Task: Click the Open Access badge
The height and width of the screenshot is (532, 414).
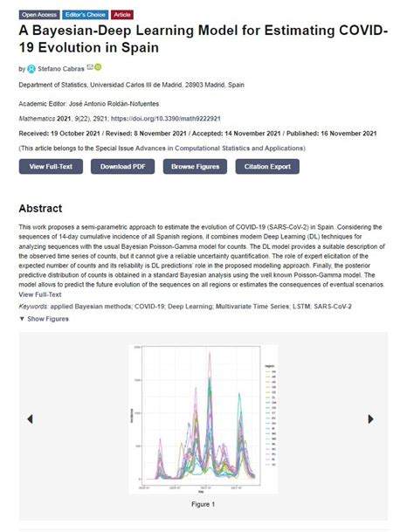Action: click(x=39, y=15)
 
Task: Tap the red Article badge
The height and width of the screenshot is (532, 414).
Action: click(x=122, y=15)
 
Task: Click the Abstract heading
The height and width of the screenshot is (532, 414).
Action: click(x=40, y=209)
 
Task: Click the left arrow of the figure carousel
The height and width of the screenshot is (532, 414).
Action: click(x=31, y=418)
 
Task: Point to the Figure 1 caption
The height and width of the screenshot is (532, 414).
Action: click(x=202, y=504)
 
